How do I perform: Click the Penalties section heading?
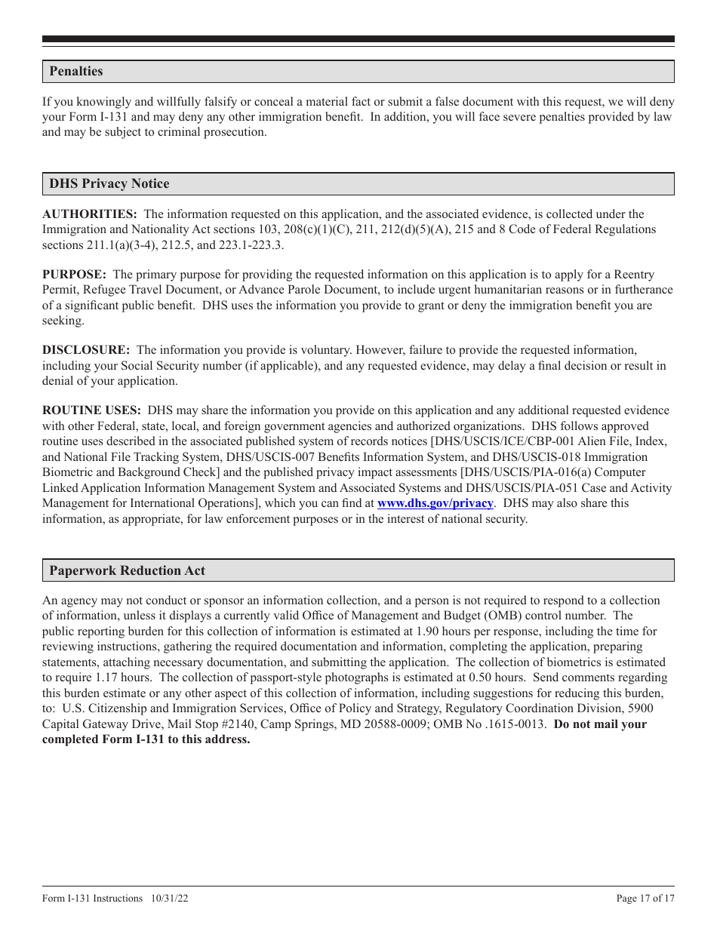(x=76, y=72)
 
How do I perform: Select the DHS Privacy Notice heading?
(x=109, y=184)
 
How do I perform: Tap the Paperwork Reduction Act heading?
(x=127, y=570)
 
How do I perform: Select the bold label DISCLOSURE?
(x=86, y=351)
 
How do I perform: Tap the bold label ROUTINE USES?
(x=91, y=411)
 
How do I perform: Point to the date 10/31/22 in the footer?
(x=168, y=899)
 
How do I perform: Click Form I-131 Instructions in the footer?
(x=92, y=899)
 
